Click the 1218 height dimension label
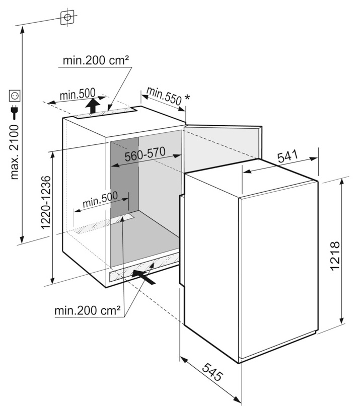pyautogui.click(x=336, y=256)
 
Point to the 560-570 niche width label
pyautogui.click(x=145, y=156)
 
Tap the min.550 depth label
pyautogui.click(x=164, y=96)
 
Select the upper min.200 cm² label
pyautogui.click(x=96, y=61)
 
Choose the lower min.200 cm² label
pyautogui.click(x=88, y=310)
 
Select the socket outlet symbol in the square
pyautogui.click(x=14, y=95)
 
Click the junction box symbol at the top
pyautogui.click(x=67, y=17)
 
